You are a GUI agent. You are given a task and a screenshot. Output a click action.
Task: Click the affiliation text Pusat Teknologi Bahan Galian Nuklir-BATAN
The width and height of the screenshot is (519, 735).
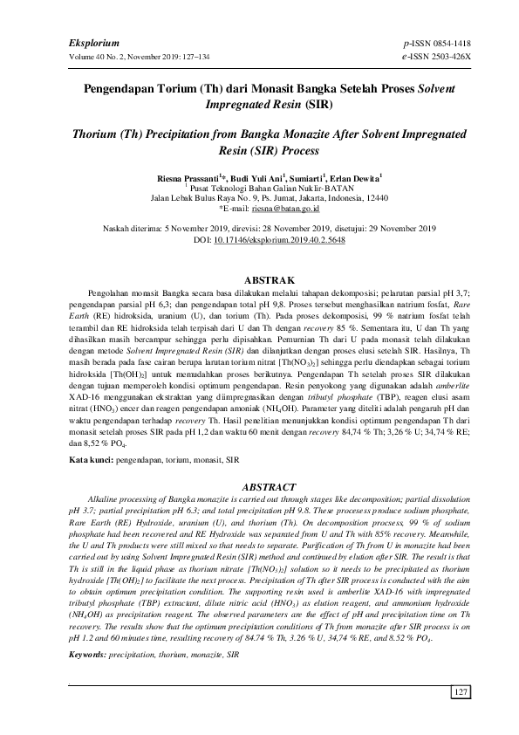pyautogui.click(x=262, y=187)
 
